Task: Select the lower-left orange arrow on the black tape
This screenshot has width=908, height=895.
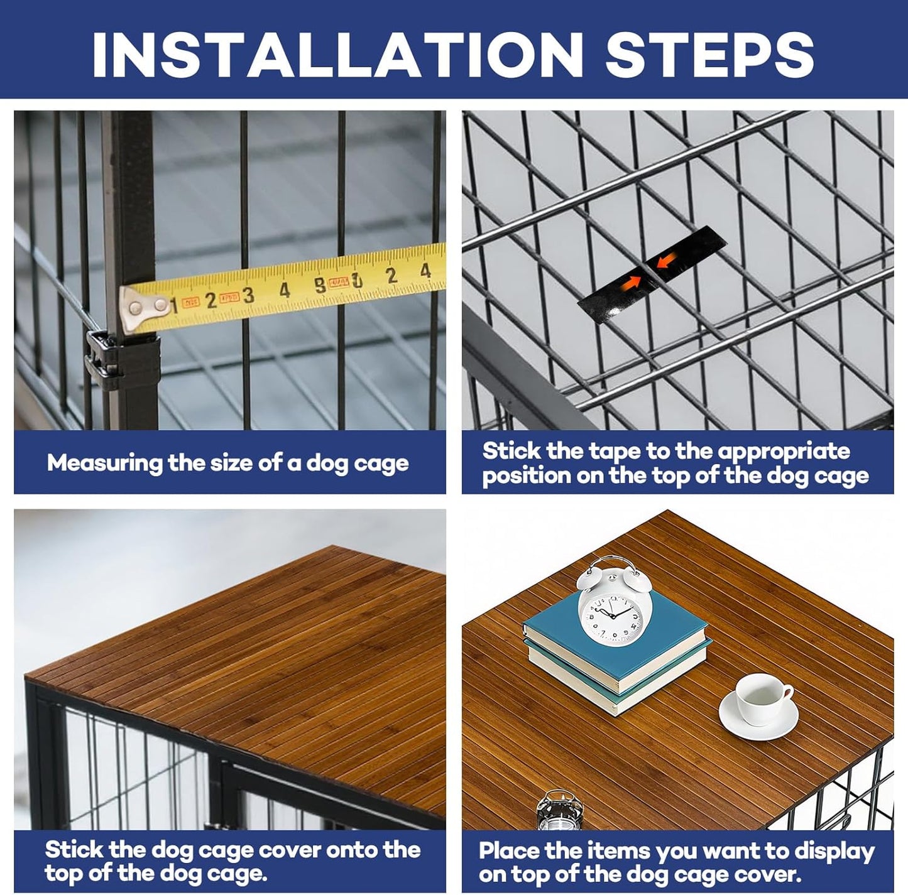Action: point(630,282)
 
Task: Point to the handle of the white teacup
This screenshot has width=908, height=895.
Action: point(787,693)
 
